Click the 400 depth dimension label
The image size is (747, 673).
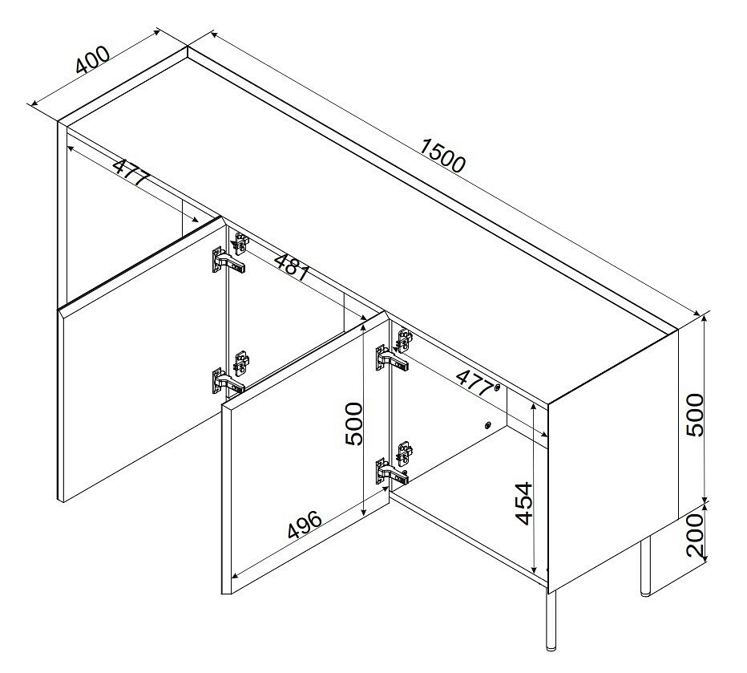point(93,59)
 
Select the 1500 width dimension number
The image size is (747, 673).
point(442,155)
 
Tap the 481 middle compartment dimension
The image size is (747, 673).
point(293,266)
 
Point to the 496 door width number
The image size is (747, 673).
point(305,525)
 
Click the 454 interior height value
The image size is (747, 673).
point(524,503)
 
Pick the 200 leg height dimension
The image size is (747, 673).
point(696,536)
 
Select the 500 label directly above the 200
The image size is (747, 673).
point(695,415)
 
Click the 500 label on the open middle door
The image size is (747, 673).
point(353,424)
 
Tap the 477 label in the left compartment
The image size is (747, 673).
point(131,172)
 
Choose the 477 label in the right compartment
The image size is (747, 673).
point(475,383)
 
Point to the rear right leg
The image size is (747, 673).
point(645,566)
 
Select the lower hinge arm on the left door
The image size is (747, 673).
point(228,383)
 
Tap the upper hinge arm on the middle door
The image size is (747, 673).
point(392,360)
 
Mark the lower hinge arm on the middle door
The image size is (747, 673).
point(392,473)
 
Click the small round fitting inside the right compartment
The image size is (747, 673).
point(487,425)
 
